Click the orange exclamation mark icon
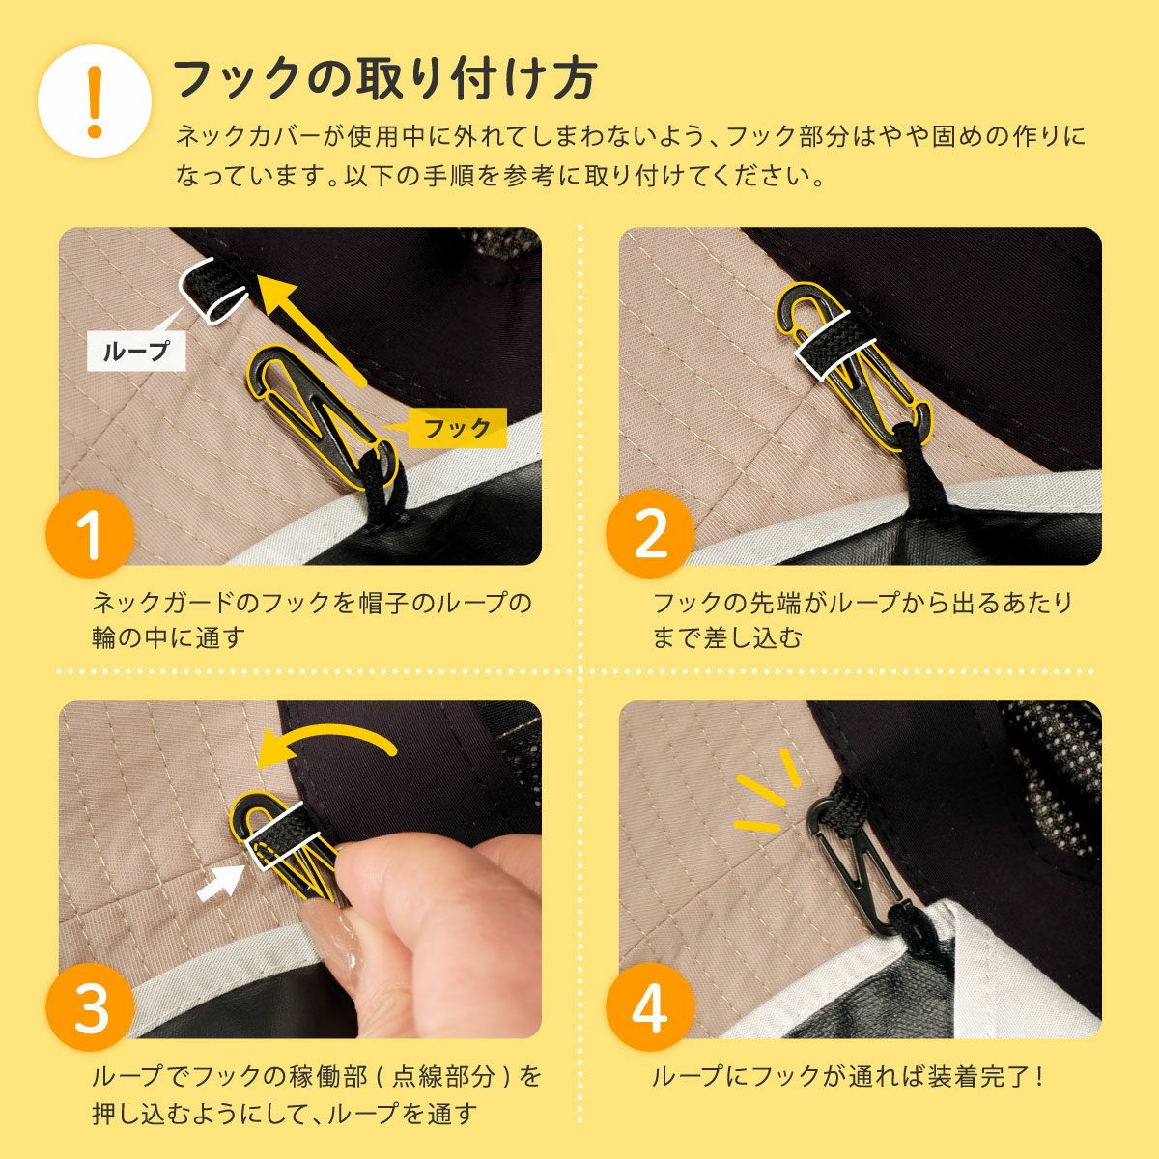pos(95,101)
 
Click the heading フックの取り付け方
pos(385,79)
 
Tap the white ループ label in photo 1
pos(136,351)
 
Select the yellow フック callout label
pos(457,428)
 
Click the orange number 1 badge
pos(90,534)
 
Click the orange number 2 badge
pos(650,534)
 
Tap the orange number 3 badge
pos(90,1006)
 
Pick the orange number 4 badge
pos(650,1006)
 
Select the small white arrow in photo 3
pos(220,883)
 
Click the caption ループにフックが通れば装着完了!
pos(848,1076)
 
